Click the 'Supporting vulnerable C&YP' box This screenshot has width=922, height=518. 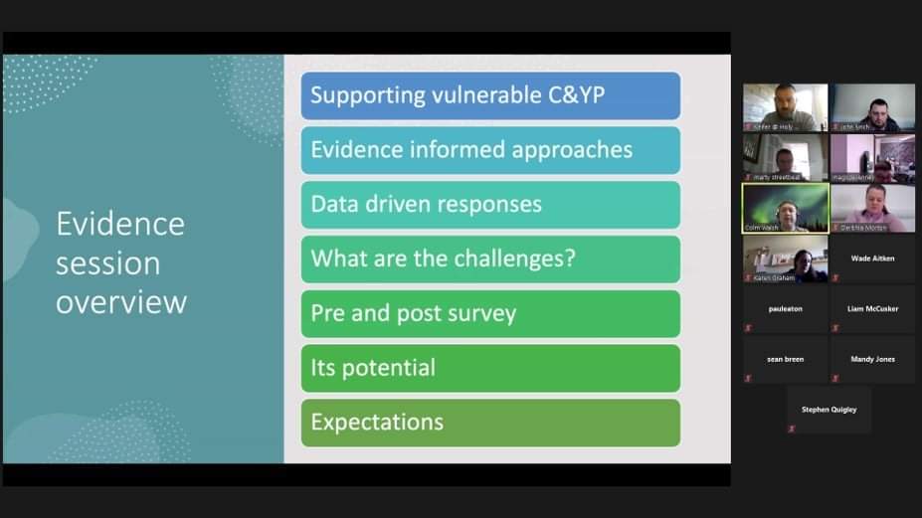[490, 96]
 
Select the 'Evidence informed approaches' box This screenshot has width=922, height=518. [490, 150]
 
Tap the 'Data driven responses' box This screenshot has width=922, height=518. [490, 205]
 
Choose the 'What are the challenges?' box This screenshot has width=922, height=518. [490, 259]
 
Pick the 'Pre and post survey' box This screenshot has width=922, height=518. [490, 314]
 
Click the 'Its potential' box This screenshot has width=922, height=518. [490, 368]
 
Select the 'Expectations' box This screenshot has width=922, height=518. [490, 423]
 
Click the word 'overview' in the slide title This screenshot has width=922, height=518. [120, 302]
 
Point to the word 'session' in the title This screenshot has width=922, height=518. [107, 263]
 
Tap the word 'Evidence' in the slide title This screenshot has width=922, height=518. [119, 224]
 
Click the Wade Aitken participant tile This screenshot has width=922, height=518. [872, 259]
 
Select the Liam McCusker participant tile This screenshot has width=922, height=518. [872, 309]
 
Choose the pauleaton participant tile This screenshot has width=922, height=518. [785, 309]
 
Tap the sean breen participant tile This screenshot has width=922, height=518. [785, 360]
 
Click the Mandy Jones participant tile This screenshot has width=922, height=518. [872, 360]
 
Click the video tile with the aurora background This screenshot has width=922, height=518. [785, 207]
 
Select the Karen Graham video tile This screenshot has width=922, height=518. [785, 259]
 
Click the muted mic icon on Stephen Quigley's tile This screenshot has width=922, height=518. [792, 429]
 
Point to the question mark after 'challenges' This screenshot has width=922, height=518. [570, 259]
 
